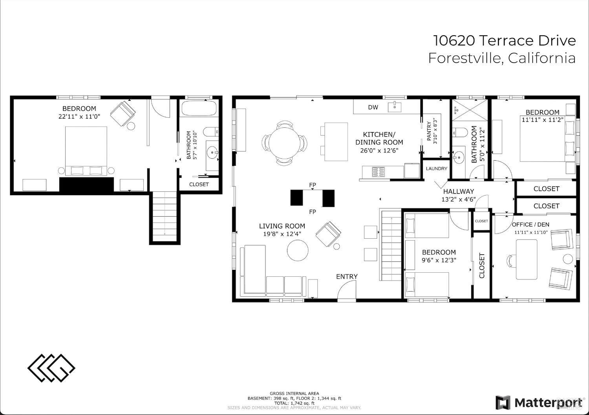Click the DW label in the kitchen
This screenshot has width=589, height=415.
[x=373, y=107]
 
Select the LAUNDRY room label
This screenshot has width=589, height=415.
[x=437, y=169]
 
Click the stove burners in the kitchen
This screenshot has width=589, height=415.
[x=379, y=172]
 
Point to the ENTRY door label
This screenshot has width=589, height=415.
[x=347, y=276]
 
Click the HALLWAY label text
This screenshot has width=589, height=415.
[x=459, y=191]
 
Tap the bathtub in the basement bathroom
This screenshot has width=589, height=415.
[x=199, y=108]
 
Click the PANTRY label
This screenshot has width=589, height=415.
[x=429, y=131]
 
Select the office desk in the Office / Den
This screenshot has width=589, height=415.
[x=527, y=259]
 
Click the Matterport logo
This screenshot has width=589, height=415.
[x=538, y=402]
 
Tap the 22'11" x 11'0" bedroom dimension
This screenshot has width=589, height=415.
[x=79, y=116]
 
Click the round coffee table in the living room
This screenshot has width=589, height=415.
[x=297, y=250]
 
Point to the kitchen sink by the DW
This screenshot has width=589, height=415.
[x=394, y=107]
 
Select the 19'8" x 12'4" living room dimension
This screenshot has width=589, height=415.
[x=282, y=234]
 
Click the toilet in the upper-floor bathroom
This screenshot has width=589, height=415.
[x=459, y=132]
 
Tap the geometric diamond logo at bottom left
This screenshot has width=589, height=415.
[x=51, y=368]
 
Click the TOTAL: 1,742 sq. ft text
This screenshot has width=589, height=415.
[x=294, y=403]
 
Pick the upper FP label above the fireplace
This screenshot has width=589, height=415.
[x=313, y=185]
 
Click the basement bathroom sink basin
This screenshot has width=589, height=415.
[x=212, y=152]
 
